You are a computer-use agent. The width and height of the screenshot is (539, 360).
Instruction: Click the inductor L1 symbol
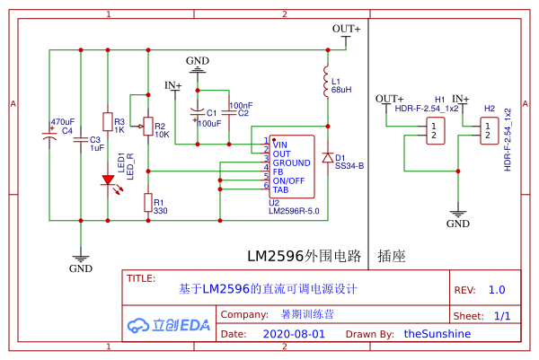click(325, 83)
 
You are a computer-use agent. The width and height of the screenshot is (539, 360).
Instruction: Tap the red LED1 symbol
click(108, 180)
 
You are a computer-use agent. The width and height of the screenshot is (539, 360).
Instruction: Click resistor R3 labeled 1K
click(108, 123)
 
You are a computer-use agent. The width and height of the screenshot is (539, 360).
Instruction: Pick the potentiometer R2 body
click(147, 130)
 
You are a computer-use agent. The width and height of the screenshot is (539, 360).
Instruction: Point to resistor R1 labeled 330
click(147, 204)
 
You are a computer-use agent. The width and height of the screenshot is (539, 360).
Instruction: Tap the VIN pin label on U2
click(280, 144)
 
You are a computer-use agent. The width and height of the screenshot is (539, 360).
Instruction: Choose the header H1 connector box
click(435, 130)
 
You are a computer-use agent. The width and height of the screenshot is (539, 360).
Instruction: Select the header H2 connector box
click(489, 130)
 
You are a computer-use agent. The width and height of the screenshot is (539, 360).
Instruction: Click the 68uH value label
click(341, 91)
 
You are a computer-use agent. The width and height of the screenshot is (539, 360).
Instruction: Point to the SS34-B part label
click(349, 166)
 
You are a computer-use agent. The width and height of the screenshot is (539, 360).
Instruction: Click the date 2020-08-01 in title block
click(294, 333)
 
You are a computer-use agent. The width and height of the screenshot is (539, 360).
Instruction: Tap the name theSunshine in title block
click(437, 333)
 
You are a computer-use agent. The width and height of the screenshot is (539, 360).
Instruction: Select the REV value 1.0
click(497, 291)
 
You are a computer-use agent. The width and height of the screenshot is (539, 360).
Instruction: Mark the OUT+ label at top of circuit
click(346, 29)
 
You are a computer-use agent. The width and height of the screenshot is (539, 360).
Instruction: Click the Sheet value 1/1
click(501, 316)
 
